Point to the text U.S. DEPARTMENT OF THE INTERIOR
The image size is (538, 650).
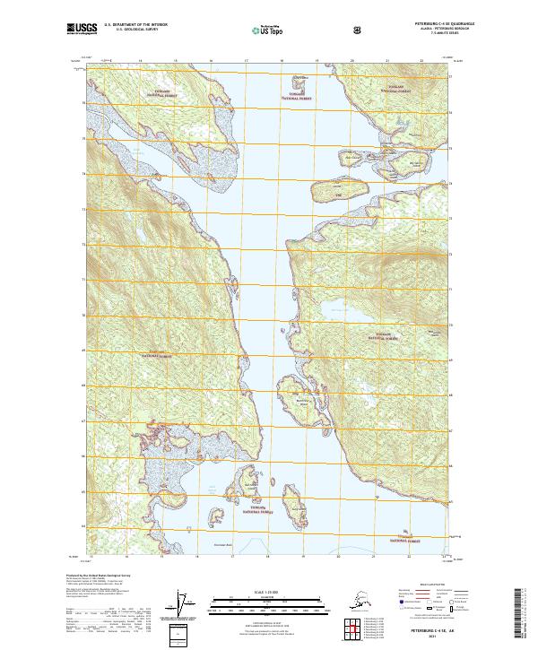click(136, 22)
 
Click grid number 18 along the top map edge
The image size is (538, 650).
click(282, 62)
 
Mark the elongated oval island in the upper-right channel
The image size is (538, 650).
click(339, 191)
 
